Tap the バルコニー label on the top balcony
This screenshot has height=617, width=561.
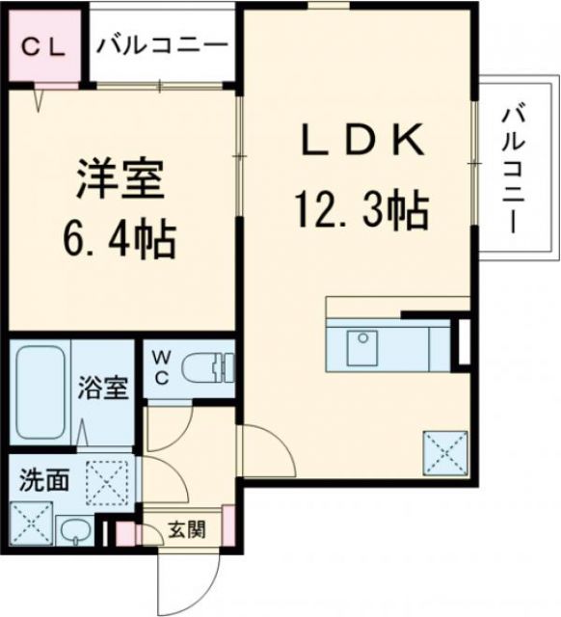[161, 46]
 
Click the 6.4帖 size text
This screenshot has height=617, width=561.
[121, 238]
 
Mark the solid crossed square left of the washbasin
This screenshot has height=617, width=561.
[31, 527]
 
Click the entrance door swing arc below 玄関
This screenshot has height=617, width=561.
[183, 578]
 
